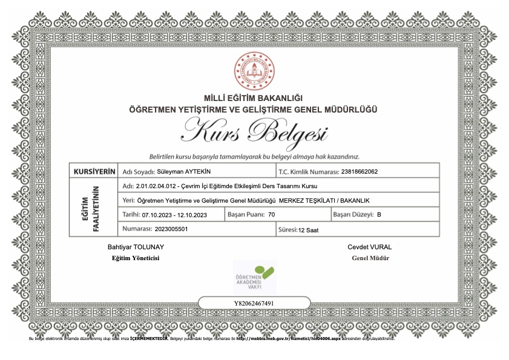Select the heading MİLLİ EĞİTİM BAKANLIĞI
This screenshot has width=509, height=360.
254,99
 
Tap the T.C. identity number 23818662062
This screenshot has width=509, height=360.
360,171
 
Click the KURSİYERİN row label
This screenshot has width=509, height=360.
94,171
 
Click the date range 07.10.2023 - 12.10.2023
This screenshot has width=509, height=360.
174,215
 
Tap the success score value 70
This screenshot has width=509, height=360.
271,215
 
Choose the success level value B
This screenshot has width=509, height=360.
379,215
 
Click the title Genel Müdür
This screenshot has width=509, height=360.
370,258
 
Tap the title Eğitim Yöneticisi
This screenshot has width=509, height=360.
136,258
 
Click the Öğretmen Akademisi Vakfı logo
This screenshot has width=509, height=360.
254,277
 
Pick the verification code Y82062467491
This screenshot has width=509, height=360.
254,303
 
